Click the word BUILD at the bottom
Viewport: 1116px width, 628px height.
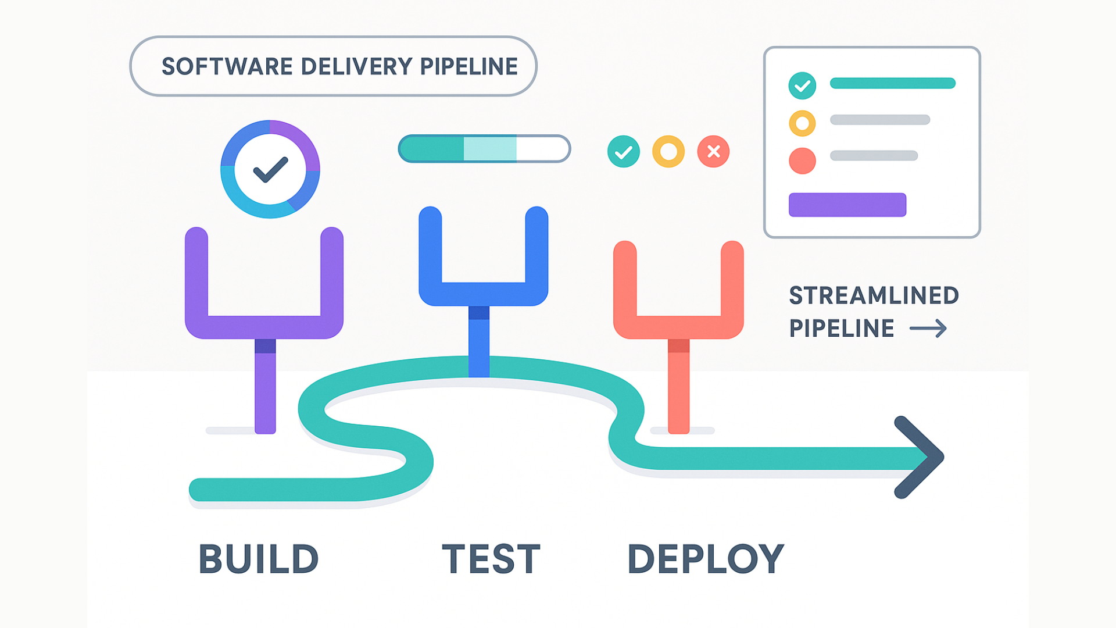pyautogui.click(x=259, y=559)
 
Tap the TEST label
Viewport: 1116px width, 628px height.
pyautogui.click(x=491, y=559)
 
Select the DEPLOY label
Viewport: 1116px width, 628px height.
pyautogui.click(x=706, y=559)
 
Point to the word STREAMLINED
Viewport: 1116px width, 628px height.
pyautogui.click(x=874, y=295)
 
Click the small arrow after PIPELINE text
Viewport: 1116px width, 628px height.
pyautogui.click(x=928, y=329)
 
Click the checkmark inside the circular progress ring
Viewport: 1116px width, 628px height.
pyautogui.click(x=270, y=169)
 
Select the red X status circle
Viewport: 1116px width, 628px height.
pyautogui.click(x=713, y=152)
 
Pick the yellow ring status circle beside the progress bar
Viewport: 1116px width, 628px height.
pyautogui.click(x=668, y=152)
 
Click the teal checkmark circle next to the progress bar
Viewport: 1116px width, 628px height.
pyautogui.click(x=623, y=152)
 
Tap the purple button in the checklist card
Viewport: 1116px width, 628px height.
pyautogui.click(x=847, y=205)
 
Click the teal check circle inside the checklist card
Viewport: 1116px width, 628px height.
pyautogui.click(x=802, y=86)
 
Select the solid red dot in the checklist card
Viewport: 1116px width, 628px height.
pyautogui.click(x=802, y=161)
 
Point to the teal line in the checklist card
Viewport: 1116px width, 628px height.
pyautogui.click(x=892, y=83)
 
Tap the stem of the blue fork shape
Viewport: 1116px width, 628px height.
pyautogui.click(x=479, y=343)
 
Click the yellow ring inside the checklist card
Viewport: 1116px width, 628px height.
pyautogui.click(x=802, y=123)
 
